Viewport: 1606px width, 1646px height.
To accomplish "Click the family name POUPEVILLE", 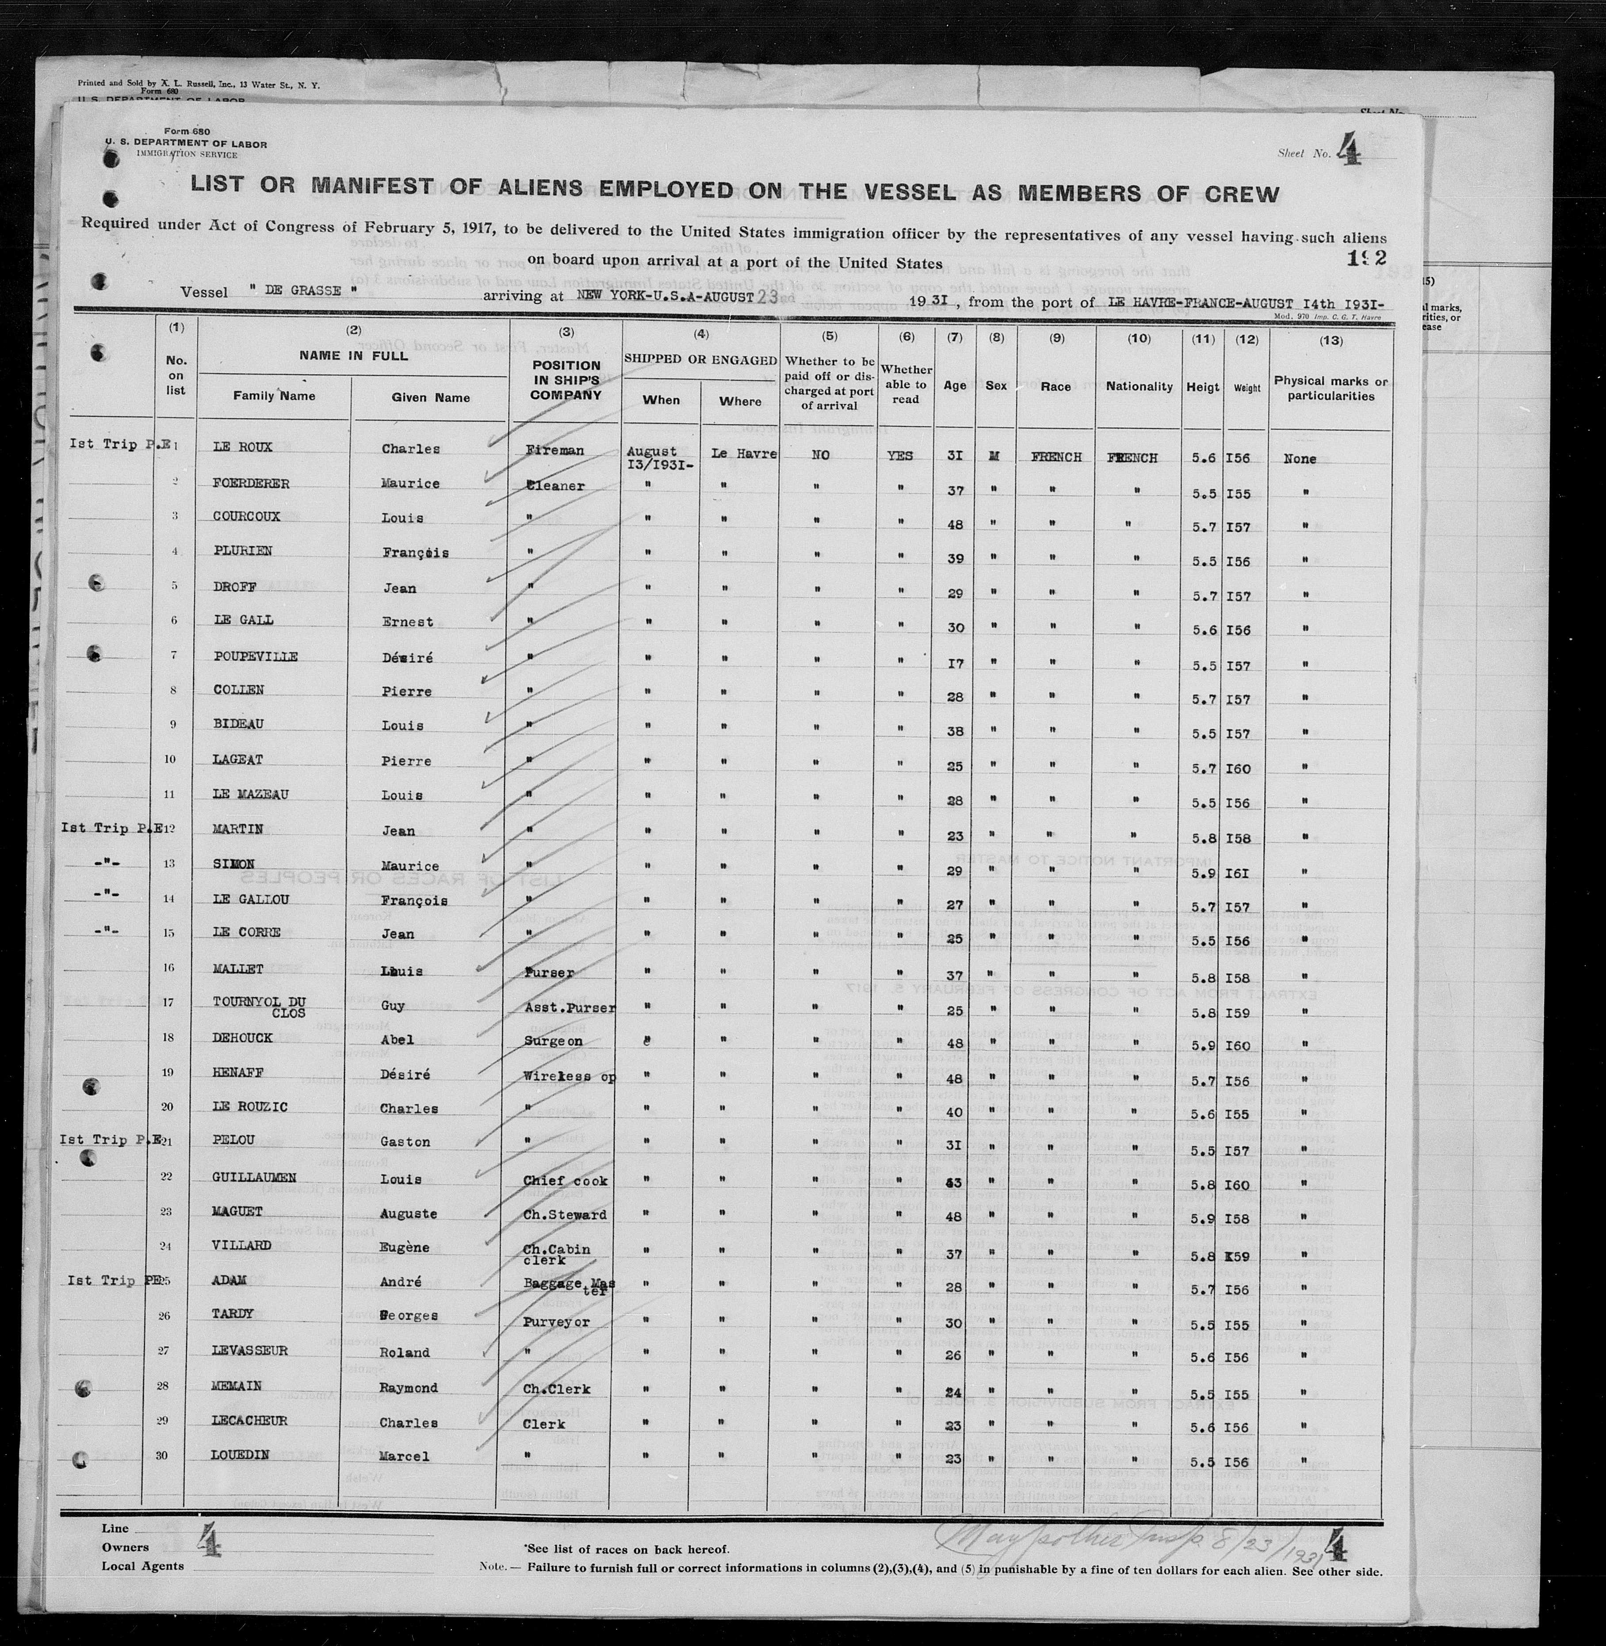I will point(255,656).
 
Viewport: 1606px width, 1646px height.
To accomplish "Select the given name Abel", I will point(397,1040).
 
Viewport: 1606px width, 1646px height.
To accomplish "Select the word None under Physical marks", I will point(1299,459).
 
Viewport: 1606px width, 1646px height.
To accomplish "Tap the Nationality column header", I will point(1139,386).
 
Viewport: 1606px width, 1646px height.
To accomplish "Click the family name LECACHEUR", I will point(250,1421).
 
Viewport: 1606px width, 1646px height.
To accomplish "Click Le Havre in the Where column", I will point(743,454).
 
